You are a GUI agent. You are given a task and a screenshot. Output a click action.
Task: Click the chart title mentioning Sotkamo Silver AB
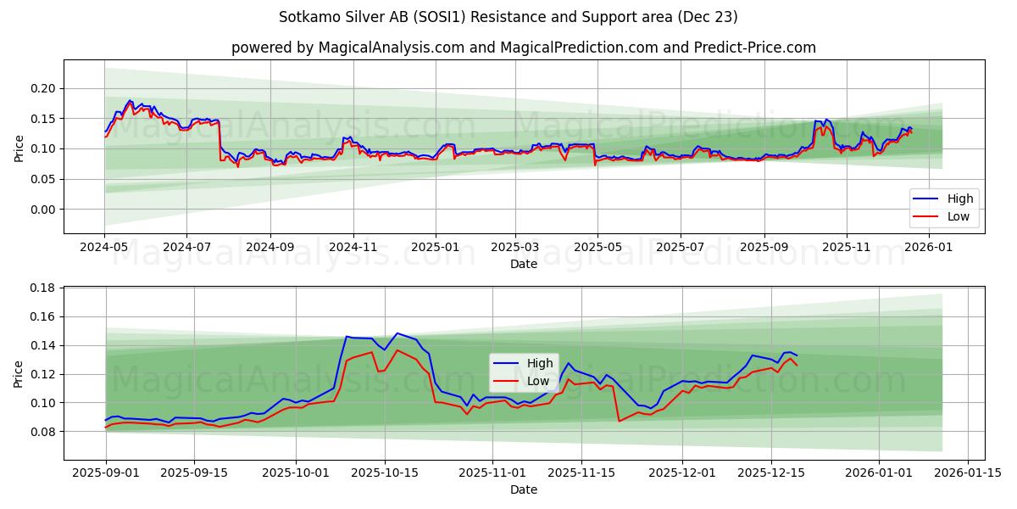tap(508, 17)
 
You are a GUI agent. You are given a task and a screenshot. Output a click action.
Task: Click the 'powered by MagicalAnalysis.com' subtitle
tap(523, 48)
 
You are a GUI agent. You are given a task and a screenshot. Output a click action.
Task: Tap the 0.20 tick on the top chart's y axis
tap(43, 88)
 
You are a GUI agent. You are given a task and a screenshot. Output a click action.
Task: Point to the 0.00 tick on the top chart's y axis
tap(43, 210)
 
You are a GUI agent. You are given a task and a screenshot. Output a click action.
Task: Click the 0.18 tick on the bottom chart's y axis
tap(43, 288)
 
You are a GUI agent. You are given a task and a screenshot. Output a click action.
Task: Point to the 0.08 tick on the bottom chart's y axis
tap(43, 432)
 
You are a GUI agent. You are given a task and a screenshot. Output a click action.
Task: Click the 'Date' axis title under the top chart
tap(523, 265)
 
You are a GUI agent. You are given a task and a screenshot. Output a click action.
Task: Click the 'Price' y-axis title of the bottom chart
tap(19, 373)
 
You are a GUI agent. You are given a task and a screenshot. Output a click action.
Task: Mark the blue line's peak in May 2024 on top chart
tap(130, 100)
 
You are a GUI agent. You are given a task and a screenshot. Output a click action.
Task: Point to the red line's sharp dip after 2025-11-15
tap(620, 421)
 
